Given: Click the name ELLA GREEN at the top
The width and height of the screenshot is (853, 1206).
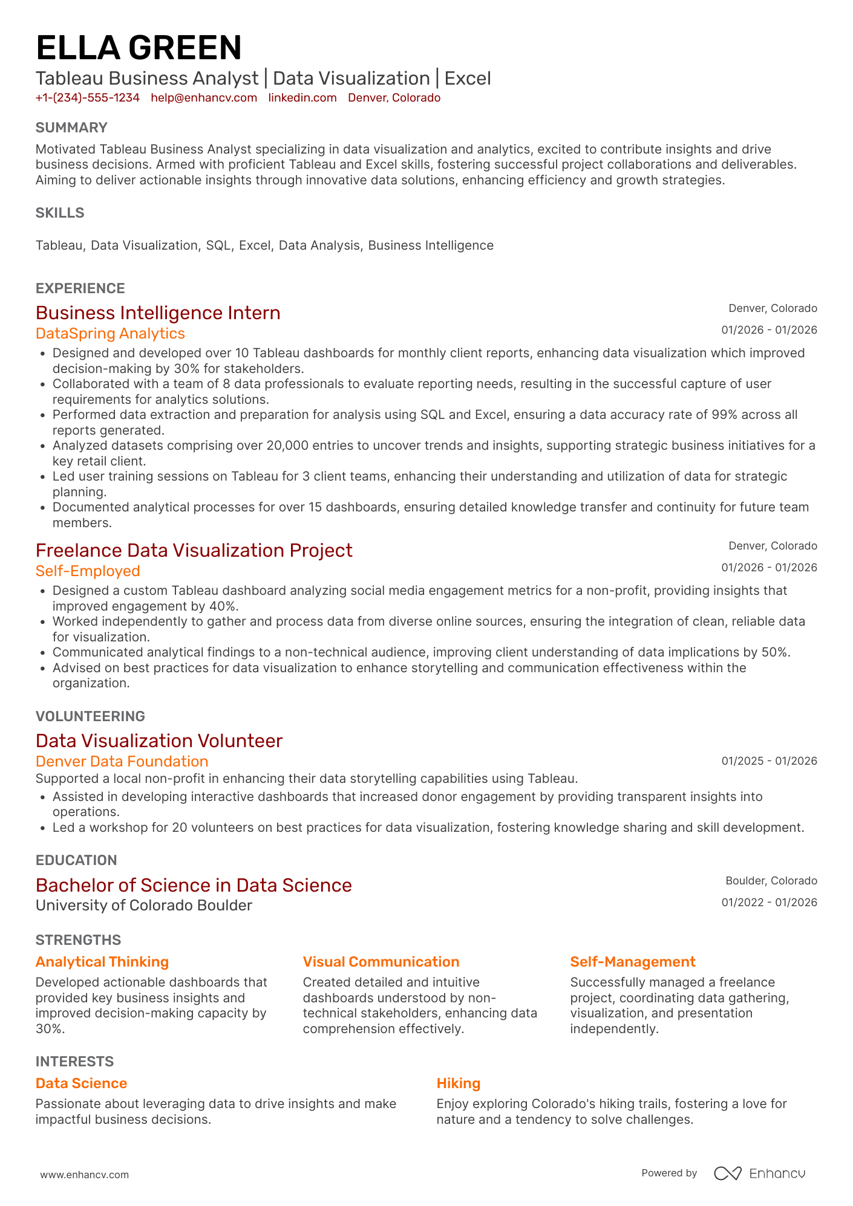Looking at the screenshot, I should click(x=139, y=48).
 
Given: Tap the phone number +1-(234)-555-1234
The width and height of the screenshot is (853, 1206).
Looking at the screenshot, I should click(x=88, y=98).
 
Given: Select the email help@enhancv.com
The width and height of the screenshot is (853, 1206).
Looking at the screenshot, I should click(x=204, y=98).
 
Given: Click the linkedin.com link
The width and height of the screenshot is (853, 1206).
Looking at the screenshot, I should click(x=302, y=98).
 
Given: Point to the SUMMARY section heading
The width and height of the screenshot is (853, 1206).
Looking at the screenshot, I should click(x=71, y=128).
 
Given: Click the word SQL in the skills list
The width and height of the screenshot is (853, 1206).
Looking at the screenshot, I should click(x=218, y=245).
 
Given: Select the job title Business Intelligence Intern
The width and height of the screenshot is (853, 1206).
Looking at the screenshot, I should click(x=158, y=313).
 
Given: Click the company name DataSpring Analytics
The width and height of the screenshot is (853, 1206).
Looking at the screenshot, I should click(x=110, y=334).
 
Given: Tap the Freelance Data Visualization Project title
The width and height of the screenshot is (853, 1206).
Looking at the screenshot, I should click(x=194, y=551).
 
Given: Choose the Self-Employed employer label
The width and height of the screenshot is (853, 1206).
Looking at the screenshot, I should click(x=88, y=571).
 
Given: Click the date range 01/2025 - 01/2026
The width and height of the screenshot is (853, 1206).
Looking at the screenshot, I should click(x=769, y=761).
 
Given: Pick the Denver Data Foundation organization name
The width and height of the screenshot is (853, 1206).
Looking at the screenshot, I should click(x=122, y=762).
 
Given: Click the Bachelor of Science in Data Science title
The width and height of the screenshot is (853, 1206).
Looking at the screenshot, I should click(x=194, y=886).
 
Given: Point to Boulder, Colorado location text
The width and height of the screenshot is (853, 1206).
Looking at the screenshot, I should click(x=771, y=881).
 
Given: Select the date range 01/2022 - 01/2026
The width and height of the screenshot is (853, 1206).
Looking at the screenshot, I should click(x=769, y=903).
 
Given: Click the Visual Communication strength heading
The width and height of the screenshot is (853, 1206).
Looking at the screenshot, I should click(x=381, y=962).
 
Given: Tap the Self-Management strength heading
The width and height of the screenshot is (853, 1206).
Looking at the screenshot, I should click(x=633, y=962).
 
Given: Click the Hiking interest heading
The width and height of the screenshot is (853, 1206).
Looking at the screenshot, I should click(x=459, y=1083).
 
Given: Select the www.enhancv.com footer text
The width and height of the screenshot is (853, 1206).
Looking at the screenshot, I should click(x=85, y=1175).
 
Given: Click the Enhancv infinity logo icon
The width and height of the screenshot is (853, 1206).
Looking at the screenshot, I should click(x=727, y=1173).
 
